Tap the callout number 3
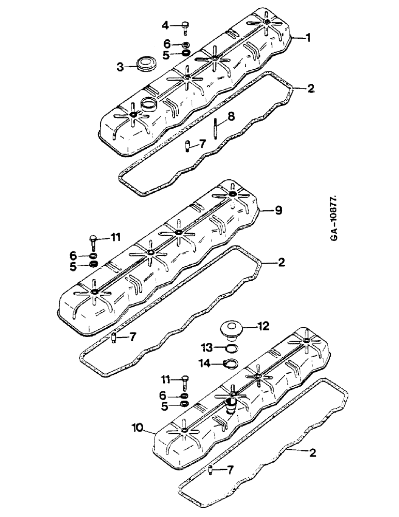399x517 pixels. click(120, 67)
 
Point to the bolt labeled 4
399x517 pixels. click(186, 26)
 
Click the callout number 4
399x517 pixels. click(165, 25)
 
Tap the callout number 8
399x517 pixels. click(231, 117)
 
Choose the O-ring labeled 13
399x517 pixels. click(233, 348)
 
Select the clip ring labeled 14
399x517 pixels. click(231, 364)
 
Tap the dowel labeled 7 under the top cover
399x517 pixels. click(188, 147)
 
